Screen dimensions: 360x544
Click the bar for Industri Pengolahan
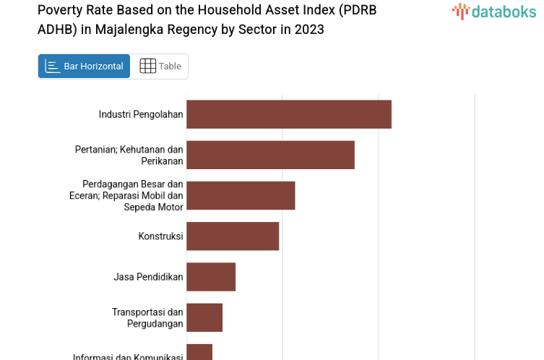point(289,114)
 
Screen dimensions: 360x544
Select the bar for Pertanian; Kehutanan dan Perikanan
point(270,155)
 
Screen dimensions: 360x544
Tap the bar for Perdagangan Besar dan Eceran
point(241,195)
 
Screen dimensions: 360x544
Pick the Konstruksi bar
point(233,236)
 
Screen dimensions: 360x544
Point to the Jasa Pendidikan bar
point(211,276)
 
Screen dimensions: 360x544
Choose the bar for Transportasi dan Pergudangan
point(204,317)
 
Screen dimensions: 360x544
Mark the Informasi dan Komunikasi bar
point(199,353)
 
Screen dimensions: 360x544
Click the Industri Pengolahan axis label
point(141,114)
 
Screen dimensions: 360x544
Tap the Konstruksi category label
point(160,236)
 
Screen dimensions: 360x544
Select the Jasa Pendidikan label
point(148,276)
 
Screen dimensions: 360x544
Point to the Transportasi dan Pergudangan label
point(147,317)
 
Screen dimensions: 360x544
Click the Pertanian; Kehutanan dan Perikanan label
point(129,155)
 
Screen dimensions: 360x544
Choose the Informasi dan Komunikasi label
point(128,356)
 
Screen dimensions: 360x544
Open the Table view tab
point(160,67)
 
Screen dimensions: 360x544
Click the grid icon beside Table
point(147,67)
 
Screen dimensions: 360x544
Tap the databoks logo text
point(504,11)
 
